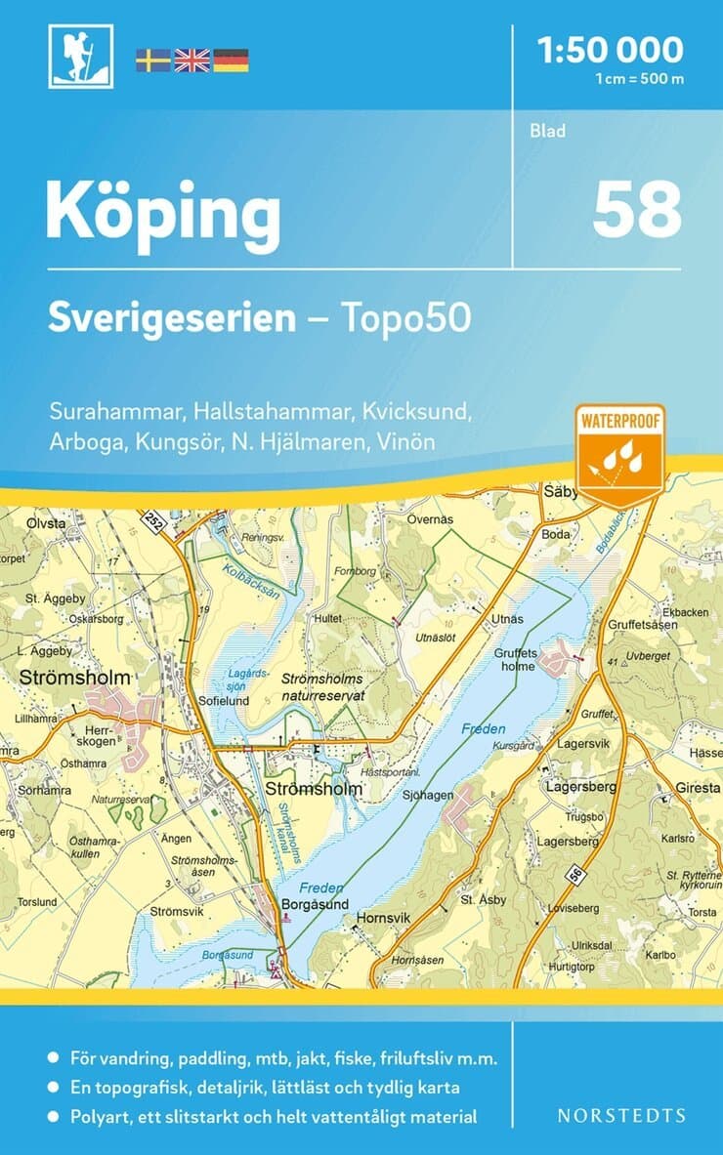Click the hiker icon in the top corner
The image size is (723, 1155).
tap(81, 56)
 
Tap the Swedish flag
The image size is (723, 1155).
tap(152, 60)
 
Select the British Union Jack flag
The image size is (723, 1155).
tap(192, 60)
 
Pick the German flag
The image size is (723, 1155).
tap(232, 60)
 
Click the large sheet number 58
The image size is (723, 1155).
tap(636, 210)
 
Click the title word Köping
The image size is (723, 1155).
tap(163, 213)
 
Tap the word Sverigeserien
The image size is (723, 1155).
tap(173, 317)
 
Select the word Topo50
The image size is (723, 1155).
tap(404, 317)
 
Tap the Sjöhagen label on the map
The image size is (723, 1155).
tap(428, 795)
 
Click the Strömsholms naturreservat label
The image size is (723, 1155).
tap(322, 687)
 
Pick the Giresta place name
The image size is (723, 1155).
tap(696, 786)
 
